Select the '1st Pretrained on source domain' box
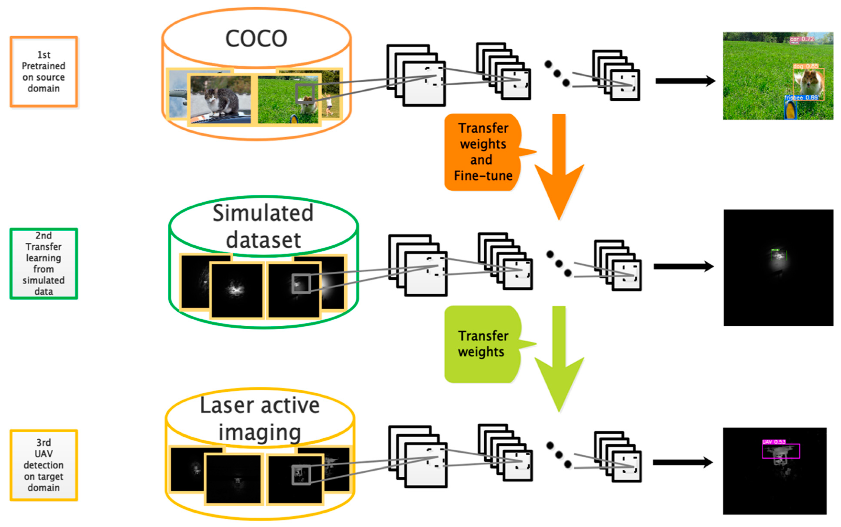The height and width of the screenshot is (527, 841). click(43, 71)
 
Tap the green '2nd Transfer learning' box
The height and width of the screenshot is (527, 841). click(43, 263)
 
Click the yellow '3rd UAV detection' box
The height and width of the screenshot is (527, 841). click(43, 465)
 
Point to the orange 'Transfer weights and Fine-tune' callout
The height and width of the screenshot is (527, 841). click(483, 152)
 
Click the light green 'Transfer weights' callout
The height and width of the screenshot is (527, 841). click(483, 344)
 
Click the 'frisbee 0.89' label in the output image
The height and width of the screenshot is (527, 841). click(801, 98)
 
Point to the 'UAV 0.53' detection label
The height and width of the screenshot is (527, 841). click(774, 442)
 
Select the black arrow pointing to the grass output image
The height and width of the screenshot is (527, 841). click(685, 81)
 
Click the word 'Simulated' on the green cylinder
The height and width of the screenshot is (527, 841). click(263, 213)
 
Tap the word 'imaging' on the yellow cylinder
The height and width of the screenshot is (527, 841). click(260, 432)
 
